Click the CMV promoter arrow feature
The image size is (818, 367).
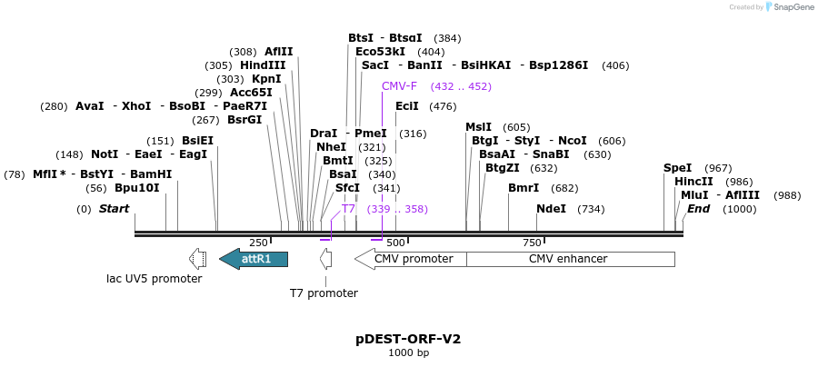(x=412, y=259)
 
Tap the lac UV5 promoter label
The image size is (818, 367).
(x=155, y=279)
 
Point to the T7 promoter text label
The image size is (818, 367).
(x=324, y=293)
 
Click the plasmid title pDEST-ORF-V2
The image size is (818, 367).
(x=408, y=339)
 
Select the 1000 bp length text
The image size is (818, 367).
(x=408, y=352)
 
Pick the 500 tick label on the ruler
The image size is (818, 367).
(x=395, y=243)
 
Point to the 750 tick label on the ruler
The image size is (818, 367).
(x=532, y=243)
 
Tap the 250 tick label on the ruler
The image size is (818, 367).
(x=258, y=243)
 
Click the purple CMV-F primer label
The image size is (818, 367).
(x=399, y=86)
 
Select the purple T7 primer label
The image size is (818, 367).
(x=348, y=209)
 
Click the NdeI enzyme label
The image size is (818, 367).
(x=551, y=209)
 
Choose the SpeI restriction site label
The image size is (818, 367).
(x=677, y=168)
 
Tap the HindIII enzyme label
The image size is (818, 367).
(x=263, y=65)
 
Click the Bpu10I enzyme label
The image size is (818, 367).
(x=136, y=188)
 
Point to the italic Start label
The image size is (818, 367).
(x=114, y=209)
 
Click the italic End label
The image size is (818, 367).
(x=698, y=209)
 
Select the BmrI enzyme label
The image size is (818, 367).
(x=524, y=188)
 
